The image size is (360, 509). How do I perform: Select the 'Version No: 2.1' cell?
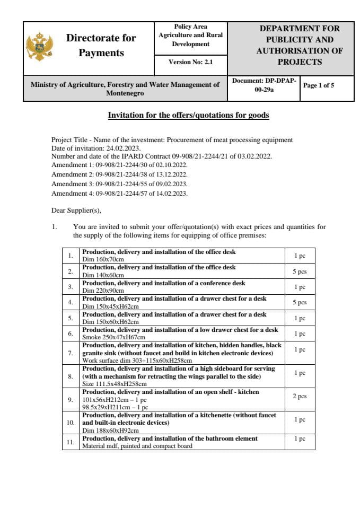coord(190,62)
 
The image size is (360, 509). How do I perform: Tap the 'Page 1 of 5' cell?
coord(318,85)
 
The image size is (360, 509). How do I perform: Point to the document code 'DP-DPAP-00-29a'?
coord(264,85)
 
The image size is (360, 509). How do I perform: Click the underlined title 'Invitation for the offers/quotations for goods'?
coord(188,115)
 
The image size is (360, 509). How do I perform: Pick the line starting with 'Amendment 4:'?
coord(119,193)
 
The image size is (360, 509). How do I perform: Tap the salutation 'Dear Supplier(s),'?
coord(76,210)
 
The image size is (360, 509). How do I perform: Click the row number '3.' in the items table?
coord(71,287)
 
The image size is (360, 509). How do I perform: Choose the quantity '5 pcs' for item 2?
coord(300,271)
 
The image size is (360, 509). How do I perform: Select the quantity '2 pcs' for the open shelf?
coord(300,396)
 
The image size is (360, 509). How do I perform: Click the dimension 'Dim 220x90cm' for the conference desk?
coord(103,291)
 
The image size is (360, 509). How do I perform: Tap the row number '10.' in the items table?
coord(71,423)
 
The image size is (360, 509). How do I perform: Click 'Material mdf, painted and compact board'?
coord(137,446)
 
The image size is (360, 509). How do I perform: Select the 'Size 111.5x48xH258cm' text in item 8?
coord(114,383)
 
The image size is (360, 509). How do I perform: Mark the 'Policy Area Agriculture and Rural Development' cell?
coord(190,36)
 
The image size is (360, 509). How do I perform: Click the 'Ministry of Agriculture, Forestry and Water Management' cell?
coord(125,89)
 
